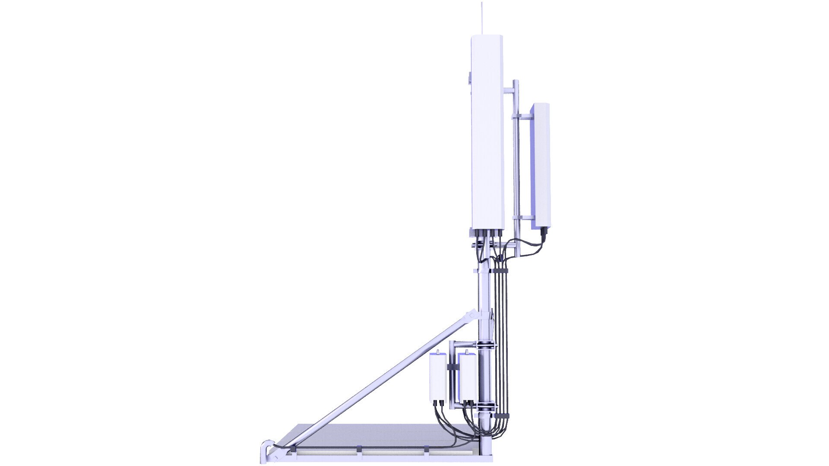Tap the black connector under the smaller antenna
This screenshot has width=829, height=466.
[x=544, y=233]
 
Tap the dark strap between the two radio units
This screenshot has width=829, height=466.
[x=452, y=367]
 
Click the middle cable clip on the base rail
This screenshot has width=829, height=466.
[x=360, y=450]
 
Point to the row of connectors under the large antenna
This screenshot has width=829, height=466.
[x=488, y=233]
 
